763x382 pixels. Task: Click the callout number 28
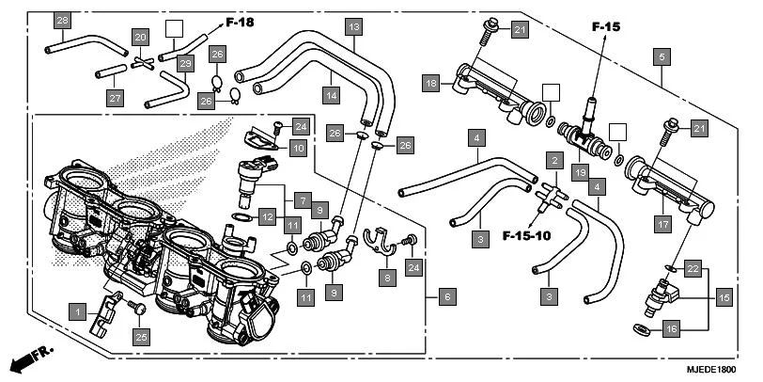(x=62, y=21)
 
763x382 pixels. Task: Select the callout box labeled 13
(x=353, y=27)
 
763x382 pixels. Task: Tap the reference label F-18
(x=240, y=21)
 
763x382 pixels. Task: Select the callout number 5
(x=662, y=58)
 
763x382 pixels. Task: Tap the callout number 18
(x=430, y=84)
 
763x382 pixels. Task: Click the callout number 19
(x=581, y=172)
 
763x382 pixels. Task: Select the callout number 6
(x=447, y=297)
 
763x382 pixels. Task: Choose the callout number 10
(x=297, y=148)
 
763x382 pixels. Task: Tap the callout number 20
(x=140, y=38)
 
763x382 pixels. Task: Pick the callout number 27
(x=115, y=98)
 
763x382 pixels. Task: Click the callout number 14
(x=332, y=95)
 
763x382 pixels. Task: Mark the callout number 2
(x=555, y=162)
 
